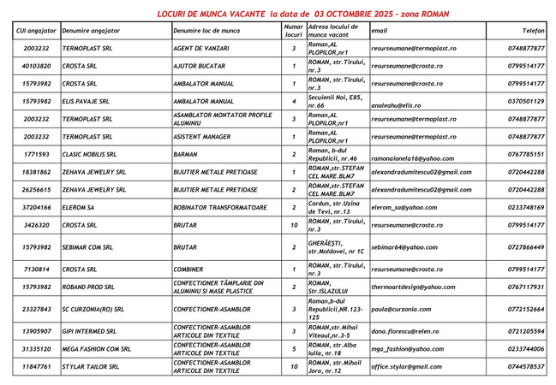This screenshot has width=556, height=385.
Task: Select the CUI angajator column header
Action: [36, 30]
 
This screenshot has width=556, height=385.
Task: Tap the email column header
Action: [380, 30]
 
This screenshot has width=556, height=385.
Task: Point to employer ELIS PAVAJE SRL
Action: [89, 101]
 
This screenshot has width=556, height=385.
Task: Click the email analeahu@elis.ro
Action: [397, 101]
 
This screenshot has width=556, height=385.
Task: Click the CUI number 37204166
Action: [36, 207]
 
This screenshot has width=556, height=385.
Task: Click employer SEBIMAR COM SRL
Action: [91, 246]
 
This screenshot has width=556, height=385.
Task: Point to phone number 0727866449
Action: [524, 246]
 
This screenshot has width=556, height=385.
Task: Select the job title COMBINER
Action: [190, 269]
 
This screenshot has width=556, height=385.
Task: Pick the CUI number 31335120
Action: [36, 349]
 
